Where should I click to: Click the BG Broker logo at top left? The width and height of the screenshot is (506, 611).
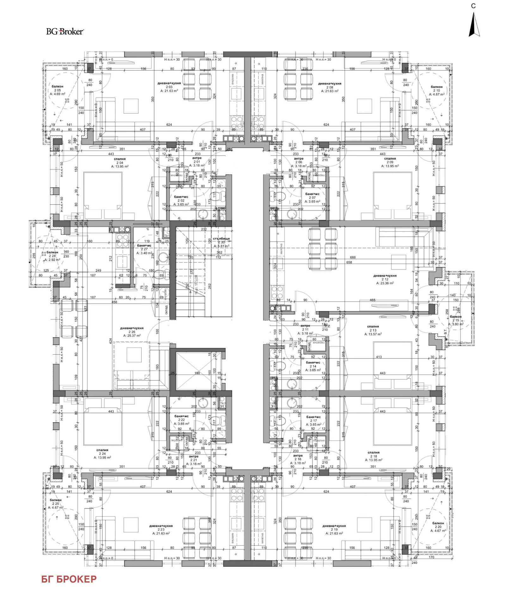click(x=65, y=31)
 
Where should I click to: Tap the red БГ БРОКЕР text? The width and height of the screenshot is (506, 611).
click(x=69, y=579)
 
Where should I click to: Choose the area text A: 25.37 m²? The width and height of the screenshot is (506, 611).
click(x=132, y=336)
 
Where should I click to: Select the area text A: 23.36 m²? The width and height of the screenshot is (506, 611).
click(x=385, y=283)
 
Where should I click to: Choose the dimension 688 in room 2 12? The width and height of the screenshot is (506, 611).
click(x=353, y=257)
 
